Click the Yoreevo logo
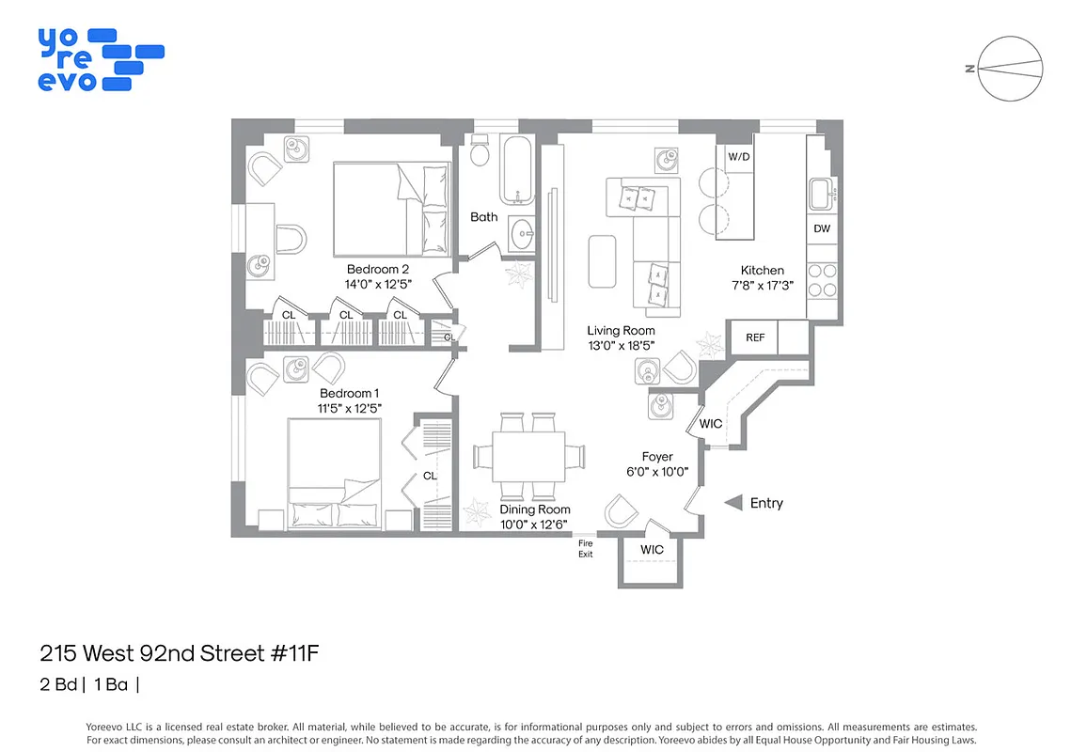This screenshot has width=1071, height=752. point(100,59)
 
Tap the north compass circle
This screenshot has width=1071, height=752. point(1011,68)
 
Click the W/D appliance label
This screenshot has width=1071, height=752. point(739,157)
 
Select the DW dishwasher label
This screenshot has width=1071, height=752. point(822,229)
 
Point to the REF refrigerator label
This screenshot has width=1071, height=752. point(755,337)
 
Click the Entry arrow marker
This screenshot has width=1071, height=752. point(733,503)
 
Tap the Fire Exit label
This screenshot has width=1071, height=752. point(586,549)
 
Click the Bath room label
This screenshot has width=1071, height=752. point(484,217)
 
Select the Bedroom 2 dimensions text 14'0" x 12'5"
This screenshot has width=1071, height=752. point(378,284)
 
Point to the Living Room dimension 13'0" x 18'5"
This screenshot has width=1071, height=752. point(621,346)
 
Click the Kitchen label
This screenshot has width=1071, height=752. point(762,271)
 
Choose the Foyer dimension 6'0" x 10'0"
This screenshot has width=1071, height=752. point(657,472)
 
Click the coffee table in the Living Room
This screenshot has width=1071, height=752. point(601,260)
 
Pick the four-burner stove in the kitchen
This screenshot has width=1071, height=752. point(822,279)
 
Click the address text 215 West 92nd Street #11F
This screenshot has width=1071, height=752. point(186,652)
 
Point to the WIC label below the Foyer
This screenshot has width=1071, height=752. point(652,550)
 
